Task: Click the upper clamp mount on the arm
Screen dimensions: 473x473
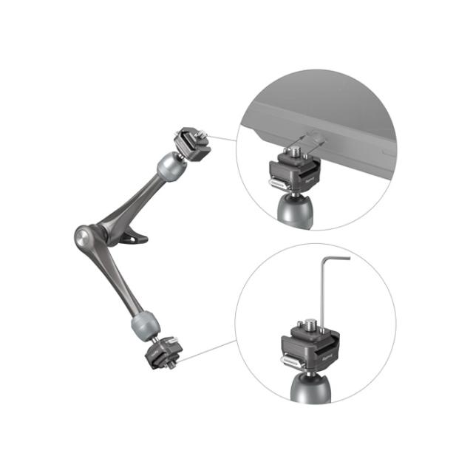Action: pos(191,142)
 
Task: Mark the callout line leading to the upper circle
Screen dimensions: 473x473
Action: pos(224,139)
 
